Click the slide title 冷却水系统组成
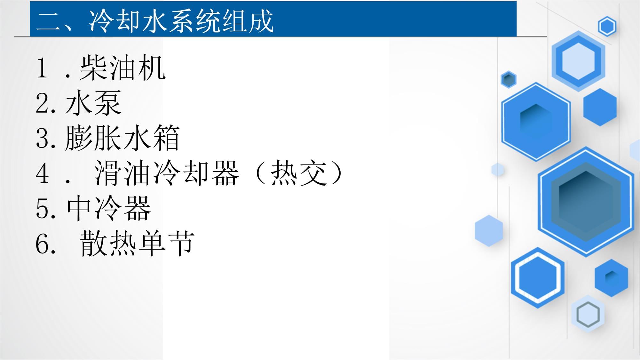point(181,21)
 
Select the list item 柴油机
point(122,68)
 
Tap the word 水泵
point(93,103)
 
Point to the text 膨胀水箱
point(122,138)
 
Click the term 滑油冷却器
point(166,173)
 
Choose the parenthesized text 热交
point(299,173)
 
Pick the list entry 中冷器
point(109,208)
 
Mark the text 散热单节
point(137,244)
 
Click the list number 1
point(42,68)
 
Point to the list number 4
point(43,173)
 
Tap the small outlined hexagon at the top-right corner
point(607,26)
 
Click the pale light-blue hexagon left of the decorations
point(489,231)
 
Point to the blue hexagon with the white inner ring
point(538,278)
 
